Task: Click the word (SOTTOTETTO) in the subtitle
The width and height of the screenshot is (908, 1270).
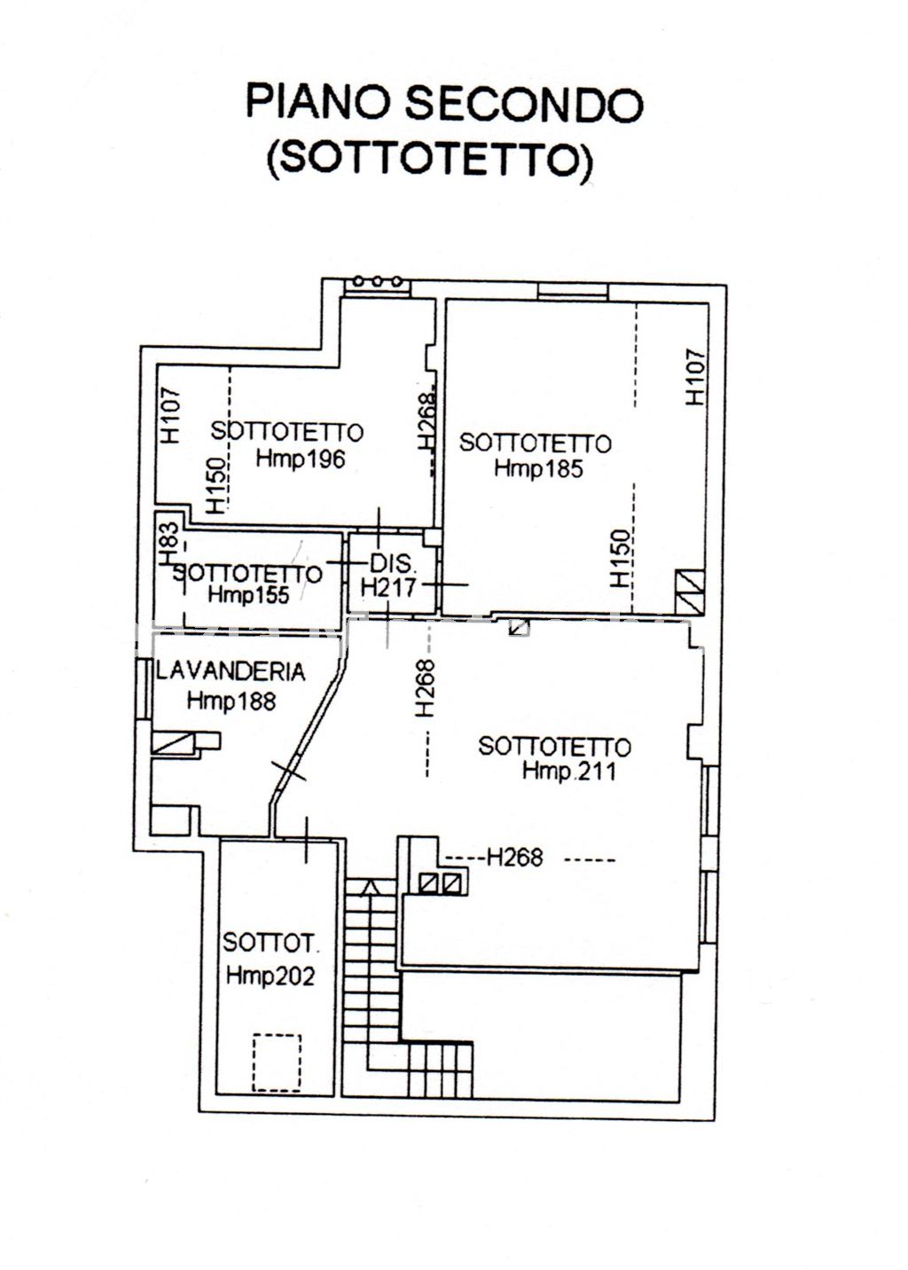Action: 430,161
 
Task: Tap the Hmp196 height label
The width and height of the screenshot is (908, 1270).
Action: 301,459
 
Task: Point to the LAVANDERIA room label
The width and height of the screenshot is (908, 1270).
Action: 231,672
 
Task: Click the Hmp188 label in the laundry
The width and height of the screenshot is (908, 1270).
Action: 231,702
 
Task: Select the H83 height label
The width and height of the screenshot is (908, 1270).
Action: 169,544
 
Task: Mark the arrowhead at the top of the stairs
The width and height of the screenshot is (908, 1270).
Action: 370,887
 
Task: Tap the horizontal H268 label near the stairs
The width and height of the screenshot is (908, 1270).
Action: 515,858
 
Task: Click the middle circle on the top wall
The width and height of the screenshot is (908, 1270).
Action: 378,280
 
